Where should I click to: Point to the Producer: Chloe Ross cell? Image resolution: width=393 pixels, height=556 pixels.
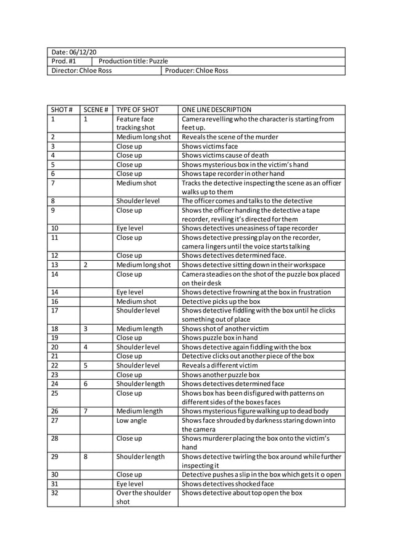pos(196,71)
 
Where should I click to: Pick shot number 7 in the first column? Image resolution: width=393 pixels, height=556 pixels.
pos(54,183)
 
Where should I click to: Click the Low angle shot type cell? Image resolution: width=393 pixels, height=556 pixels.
pos(131,420)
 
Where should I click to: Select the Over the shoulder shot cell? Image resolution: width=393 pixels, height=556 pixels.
pos(143,497)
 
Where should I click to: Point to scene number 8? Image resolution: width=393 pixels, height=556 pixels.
pos(86,457)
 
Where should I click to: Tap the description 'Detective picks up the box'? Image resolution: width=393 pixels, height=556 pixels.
pos(221,301)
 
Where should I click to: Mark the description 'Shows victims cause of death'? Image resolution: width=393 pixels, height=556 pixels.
pos(225,155)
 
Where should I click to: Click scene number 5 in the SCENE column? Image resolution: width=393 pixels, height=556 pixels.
pos(86,366)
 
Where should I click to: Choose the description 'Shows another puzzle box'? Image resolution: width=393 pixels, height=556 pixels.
pos(221,374)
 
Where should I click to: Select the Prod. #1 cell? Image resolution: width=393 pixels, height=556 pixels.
pos(64,62)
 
